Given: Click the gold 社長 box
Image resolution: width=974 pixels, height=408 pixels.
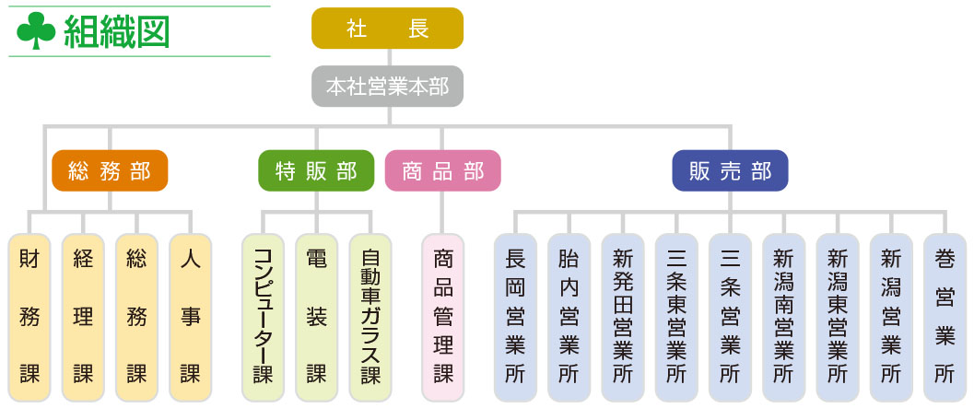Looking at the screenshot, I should [x=387, y=29].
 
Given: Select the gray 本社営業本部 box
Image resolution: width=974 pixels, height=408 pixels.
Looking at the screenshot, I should [x=387, y=87].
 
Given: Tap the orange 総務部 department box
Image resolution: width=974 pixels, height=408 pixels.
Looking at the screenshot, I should [x=110, y=170].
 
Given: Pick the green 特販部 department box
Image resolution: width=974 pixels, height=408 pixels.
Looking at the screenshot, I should [x=316, y=170].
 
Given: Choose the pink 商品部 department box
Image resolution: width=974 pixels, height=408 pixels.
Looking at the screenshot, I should [x=442, y=170].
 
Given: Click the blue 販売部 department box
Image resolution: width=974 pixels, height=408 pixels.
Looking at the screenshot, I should [x=730, y=170].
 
